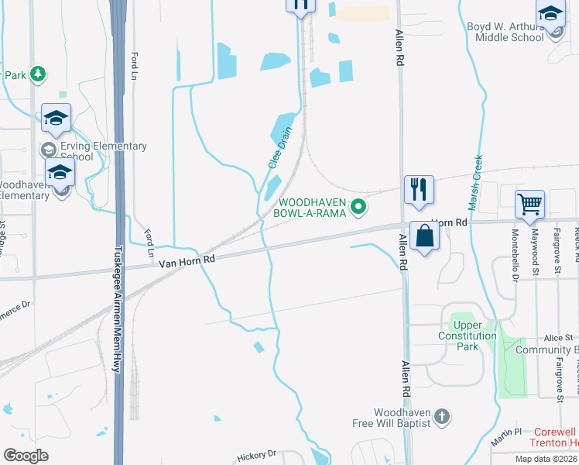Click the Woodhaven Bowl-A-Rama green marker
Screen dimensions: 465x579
[358, 207]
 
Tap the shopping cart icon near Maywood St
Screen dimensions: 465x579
[530, 205]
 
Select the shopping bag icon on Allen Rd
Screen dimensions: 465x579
[425, 235]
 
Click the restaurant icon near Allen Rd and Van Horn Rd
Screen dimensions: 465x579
[419, 189]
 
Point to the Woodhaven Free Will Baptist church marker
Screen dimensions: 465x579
[441, 417]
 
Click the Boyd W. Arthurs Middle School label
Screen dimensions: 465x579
[505, 31]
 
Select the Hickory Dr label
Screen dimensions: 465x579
[256, 455]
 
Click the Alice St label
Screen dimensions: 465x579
[557, 338]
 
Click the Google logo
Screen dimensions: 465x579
[26, 456]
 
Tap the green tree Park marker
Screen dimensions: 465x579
[36, 75]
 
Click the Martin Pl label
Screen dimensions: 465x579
[507, 431]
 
